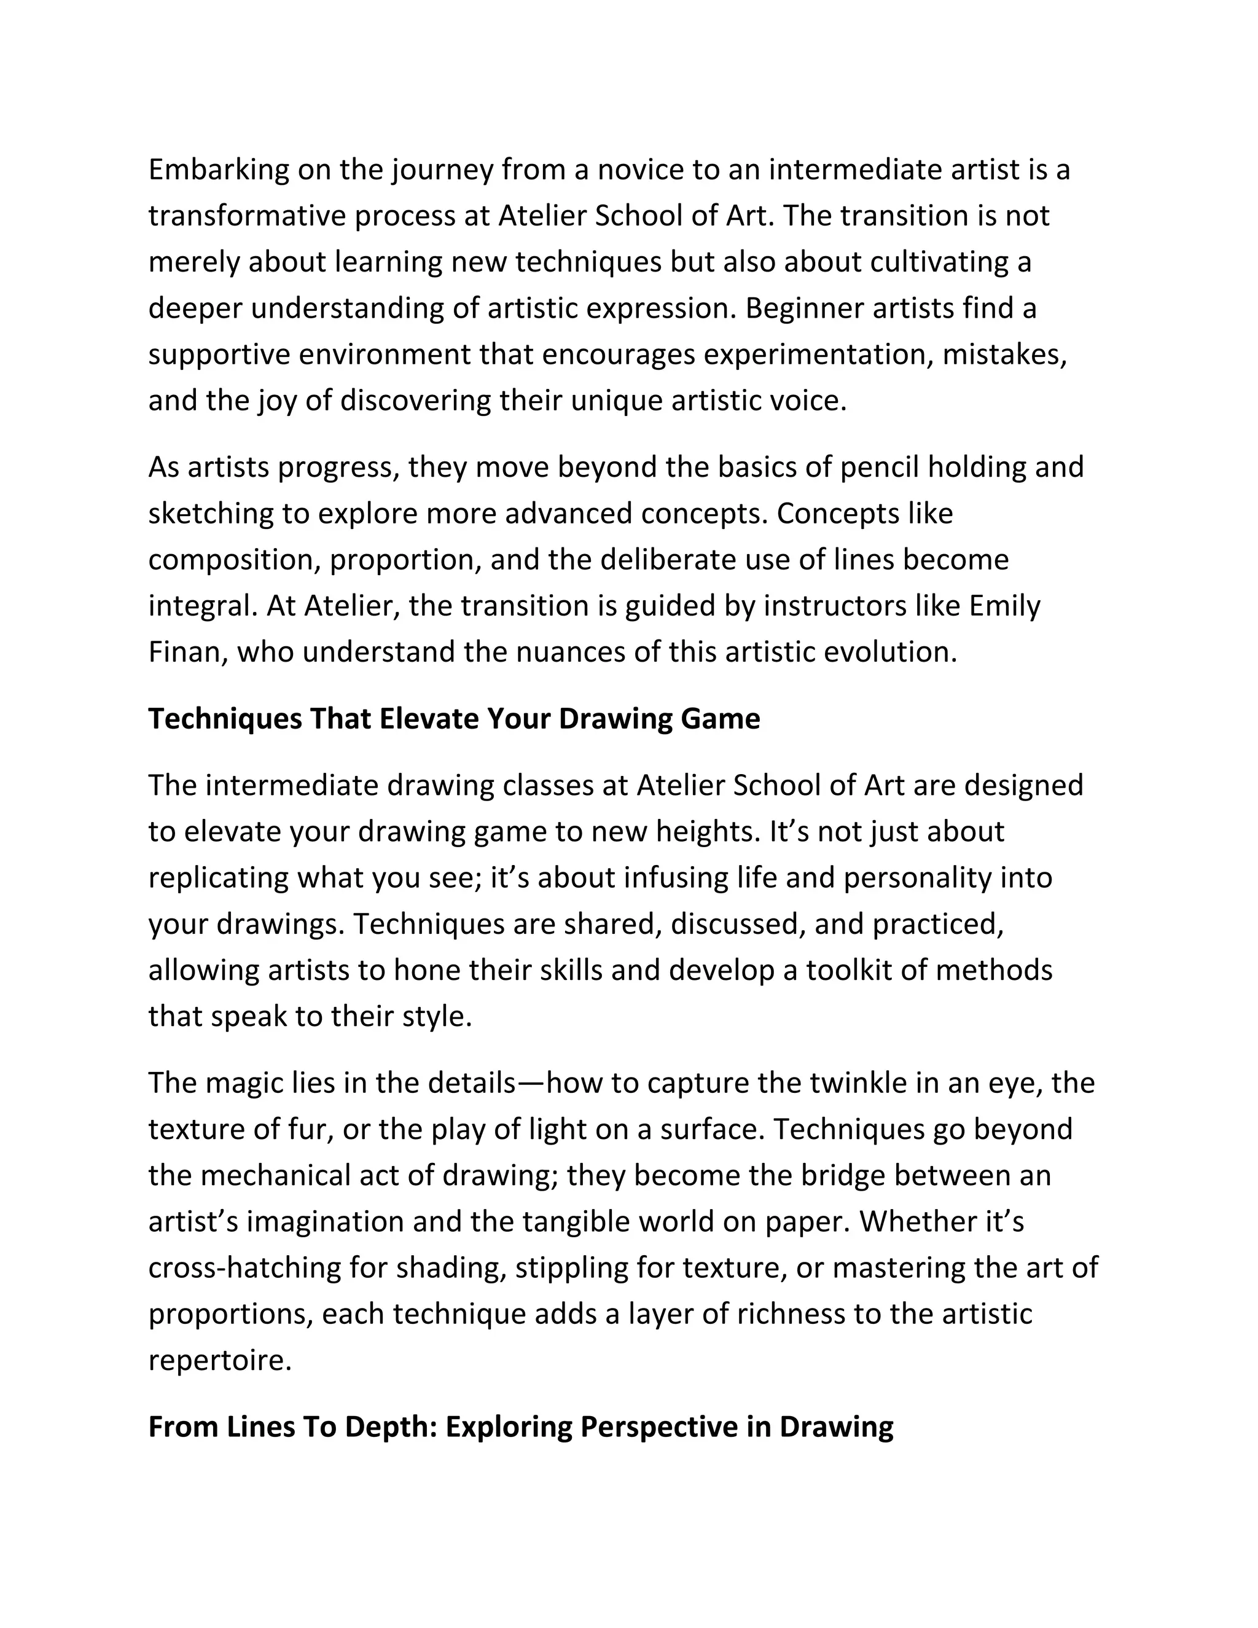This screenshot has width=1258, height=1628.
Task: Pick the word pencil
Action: [x=880, y=468]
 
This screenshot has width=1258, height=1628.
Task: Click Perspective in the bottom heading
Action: [x=657, y=1428]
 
